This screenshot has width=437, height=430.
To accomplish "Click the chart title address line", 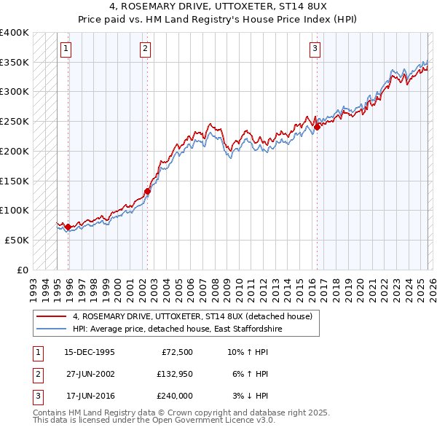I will [219, 8].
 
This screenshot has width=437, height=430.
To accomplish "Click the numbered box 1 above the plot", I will [66, 49].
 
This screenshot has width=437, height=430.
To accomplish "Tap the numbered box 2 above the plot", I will [145, 49].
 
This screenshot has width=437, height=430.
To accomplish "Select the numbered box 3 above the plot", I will [315, 49].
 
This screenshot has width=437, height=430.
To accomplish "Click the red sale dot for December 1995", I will [68, 227].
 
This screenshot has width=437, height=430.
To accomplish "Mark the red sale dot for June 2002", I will [147, 191].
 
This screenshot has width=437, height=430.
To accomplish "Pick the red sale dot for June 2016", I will [317, 128].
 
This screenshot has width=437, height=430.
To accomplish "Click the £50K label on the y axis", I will [17, 240].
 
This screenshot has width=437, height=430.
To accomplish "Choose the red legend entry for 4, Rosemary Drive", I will [192, 316].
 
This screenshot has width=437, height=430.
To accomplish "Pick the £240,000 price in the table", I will [175, 396].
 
